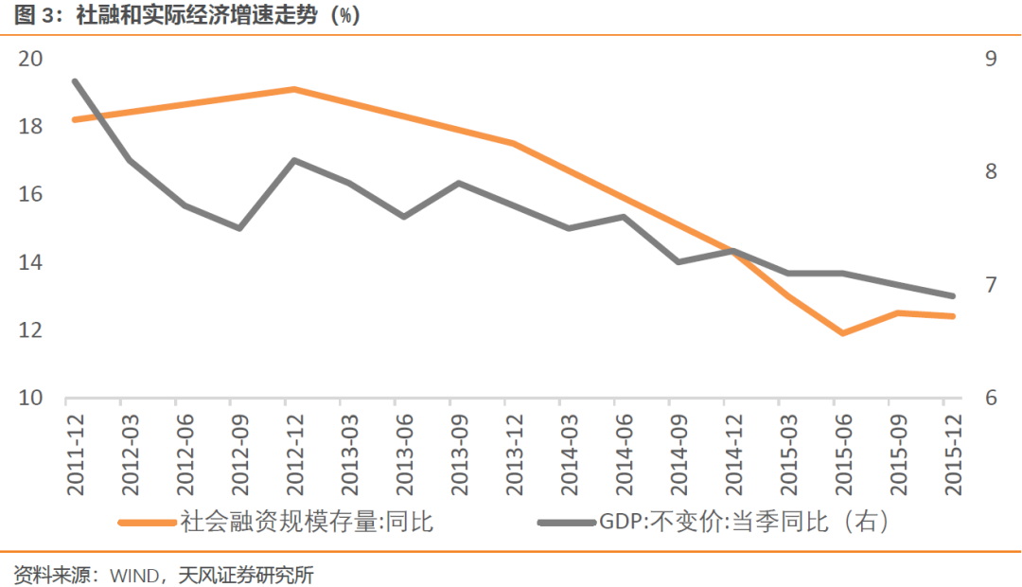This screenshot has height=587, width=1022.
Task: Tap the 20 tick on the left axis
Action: point(30,59)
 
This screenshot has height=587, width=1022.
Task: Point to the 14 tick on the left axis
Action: point(30,262)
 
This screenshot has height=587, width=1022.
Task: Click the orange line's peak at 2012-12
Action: point(294,89)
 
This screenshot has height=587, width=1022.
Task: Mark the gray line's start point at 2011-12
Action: point(75,81)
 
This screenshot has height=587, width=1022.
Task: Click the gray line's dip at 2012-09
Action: point(239,228)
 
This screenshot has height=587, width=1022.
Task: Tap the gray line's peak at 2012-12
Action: point(294,160)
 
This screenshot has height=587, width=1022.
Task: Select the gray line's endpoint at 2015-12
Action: point(952,295)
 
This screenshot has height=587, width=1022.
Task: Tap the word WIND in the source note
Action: point(132,575)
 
